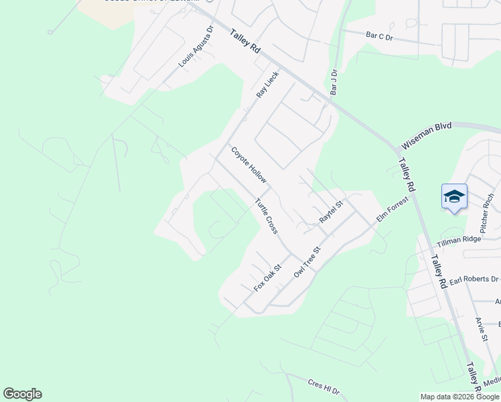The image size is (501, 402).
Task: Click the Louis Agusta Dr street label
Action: point(195,48)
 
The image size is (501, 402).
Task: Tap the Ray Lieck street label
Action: point(267,85)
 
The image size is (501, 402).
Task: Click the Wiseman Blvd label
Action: point(427,135)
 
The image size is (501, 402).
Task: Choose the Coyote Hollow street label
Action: point(249,165)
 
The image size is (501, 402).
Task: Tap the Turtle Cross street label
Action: point(266,216)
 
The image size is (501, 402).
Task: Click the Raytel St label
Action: point(331,212)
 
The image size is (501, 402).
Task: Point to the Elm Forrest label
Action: point(392,208)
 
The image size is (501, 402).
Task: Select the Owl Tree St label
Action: point(308,261)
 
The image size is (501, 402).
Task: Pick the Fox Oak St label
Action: point(268,277)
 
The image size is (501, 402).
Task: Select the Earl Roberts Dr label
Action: point(474,279)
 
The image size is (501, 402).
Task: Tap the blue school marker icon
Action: point(454,197)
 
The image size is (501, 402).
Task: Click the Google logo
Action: point(22,394)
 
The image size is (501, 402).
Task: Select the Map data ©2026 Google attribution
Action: point(460,397)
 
